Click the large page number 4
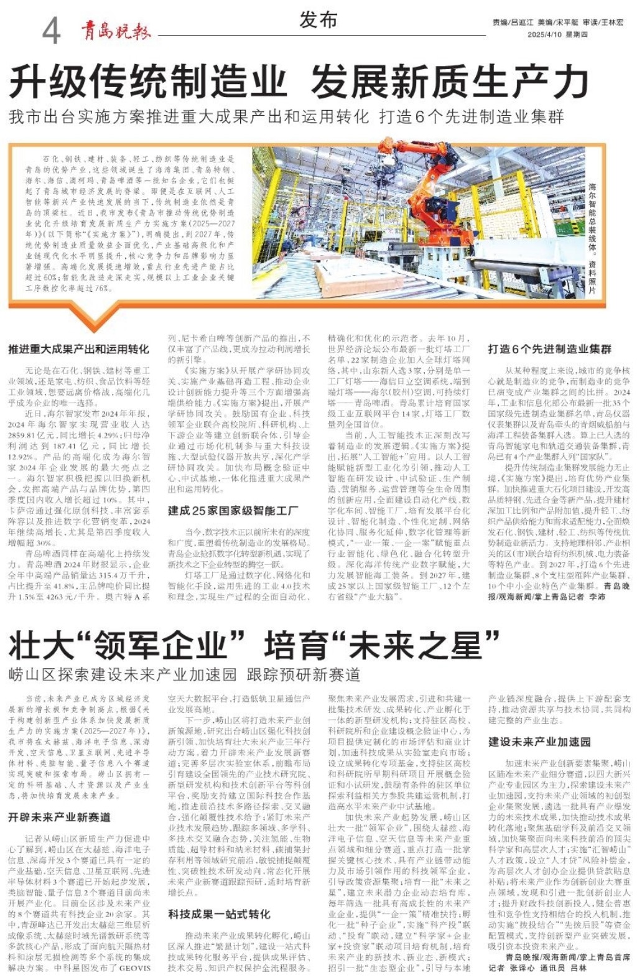(52, 29)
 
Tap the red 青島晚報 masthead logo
(115, 30)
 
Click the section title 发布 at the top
(318, 20)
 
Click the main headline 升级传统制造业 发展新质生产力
(299, 81)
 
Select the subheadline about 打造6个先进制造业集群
(287, 116)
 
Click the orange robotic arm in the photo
(429, 187)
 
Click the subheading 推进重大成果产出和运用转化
(78, 349)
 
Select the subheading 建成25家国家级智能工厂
(233, 511)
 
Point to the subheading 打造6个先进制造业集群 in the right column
(549, 349)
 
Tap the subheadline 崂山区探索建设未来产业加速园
(185, 674)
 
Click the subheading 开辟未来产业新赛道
(60, 817)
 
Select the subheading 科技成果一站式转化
(219, 914)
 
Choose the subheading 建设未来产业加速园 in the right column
(539, 742)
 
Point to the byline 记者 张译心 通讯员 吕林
(537, 968)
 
